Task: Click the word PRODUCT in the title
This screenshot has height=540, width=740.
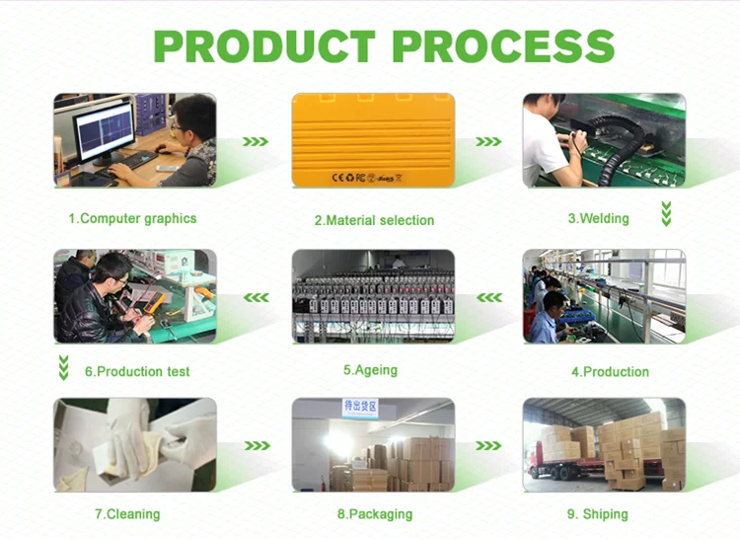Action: pyautogui.click(x=264, y=45)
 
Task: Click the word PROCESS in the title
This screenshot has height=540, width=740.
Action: pyautogui.click(x=503, y=45)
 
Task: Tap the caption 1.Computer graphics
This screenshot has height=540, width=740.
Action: pyautogui.click(x=132, y=218)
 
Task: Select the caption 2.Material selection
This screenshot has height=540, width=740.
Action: pyautogui.click(x=374, y=220)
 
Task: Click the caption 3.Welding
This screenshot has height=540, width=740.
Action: pyautogui.click(x=599, y=218)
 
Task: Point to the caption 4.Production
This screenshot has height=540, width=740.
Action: pyautogui.click(x=610, y=371)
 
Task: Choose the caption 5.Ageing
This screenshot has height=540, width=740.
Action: pyautogui.click(x=370, y=370)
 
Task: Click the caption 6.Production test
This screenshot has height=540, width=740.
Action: pyautogui.click(x=137, y=371)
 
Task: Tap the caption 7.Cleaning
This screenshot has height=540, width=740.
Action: pyautogui.click(x=127, y=514)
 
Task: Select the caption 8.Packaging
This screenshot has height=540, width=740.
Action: pyautogui.click(x=375, y=514)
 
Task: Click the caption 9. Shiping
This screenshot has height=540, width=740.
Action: pyautogui.click(x=598, y=514)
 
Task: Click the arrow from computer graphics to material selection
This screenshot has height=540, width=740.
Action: pyautogui.click(x=256, y=141)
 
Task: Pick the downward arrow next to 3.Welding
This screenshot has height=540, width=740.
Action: pyautogui.click(x=666, y=214)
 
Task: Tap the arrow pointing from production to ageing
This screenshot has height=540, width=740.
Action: pyautogui.click(x=489, y=297)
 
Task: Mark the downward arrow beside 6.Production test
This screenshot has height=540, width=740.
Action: pyautogui.click(x=64, y=367)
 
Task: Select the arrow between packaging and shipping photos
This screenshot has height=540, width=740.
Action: pyautogui.click(x=488, y=445)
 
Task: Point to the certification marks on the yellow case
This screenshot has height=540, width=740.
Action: pyautogui.click(x=367, y=178)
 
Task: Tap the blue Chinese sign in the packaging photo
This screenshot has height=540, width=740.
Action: pyautogui.click(x=360, y=408)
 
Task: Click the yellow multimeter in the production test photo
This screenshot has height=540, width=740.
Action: pyautogui.click(x=154, y=302)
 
